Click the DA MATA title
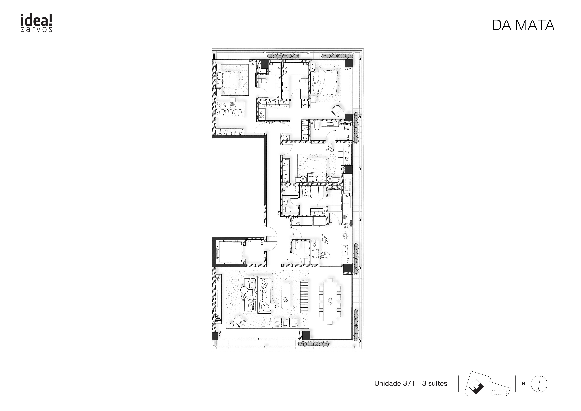point(523,25)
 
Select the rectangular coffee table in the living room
point(285,295)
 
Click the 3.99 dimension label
point(220,134)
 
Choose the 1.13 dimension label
point(271,123)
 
